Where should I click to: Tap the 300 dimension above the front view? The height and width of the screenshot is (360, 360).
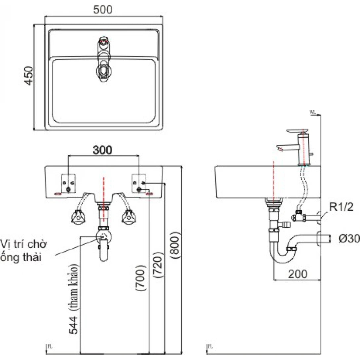102,150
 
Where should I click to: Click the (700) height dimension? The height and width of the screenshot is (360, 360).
141,277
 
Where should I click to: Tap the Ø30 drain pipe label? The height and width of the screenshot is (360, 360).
349,238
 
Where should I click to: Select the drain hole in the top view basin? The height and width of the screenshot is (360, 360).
104,70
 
